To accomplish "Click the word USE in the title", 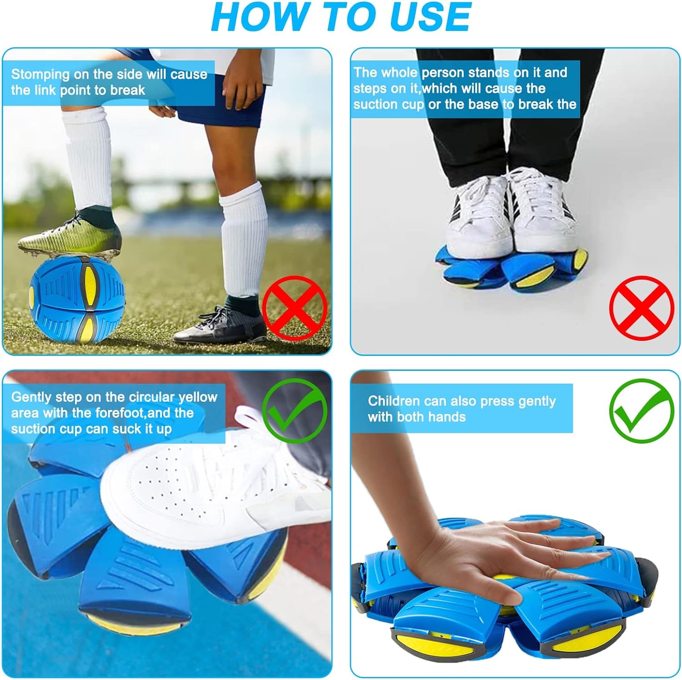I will (x=430, y=17).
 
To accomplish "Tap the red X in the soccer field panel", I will (x=295, y=308).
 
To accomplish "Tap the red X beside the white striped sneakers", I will (x=642, y=308).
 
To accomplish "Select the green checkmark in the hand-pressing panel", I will (x=642, y=411).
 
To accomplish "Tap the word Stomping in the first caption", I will (x=40, y=74).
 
